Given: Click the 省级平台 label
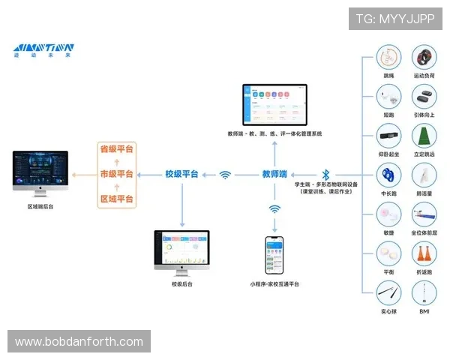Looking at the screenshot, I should pos(116,149).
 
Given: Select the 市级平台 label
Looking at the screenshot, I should pos(116,174).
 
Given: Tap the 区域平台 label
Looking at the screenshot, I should pos(116,199).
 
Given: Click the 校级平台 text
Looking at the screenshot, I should pos(182,174).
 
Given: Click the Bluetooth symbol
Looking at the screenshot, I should pos(325,174).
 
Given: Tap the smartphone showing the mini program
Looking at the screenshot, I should pos(274,255).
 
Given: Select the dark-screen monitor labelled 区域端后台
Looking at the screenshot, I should pos(40,172).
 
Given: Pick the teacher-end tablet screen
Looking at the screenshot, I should pos(274,105).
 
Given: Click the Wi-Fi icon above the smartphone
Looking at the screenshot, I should pos(274,209).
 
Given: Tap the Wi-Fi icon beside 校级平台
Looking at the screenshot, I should pos(225,175).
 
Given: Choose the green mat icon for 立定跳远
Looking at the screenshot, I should pos(424,136).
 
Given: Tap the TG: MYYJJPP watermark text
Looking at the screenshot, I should pos(394,19).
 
